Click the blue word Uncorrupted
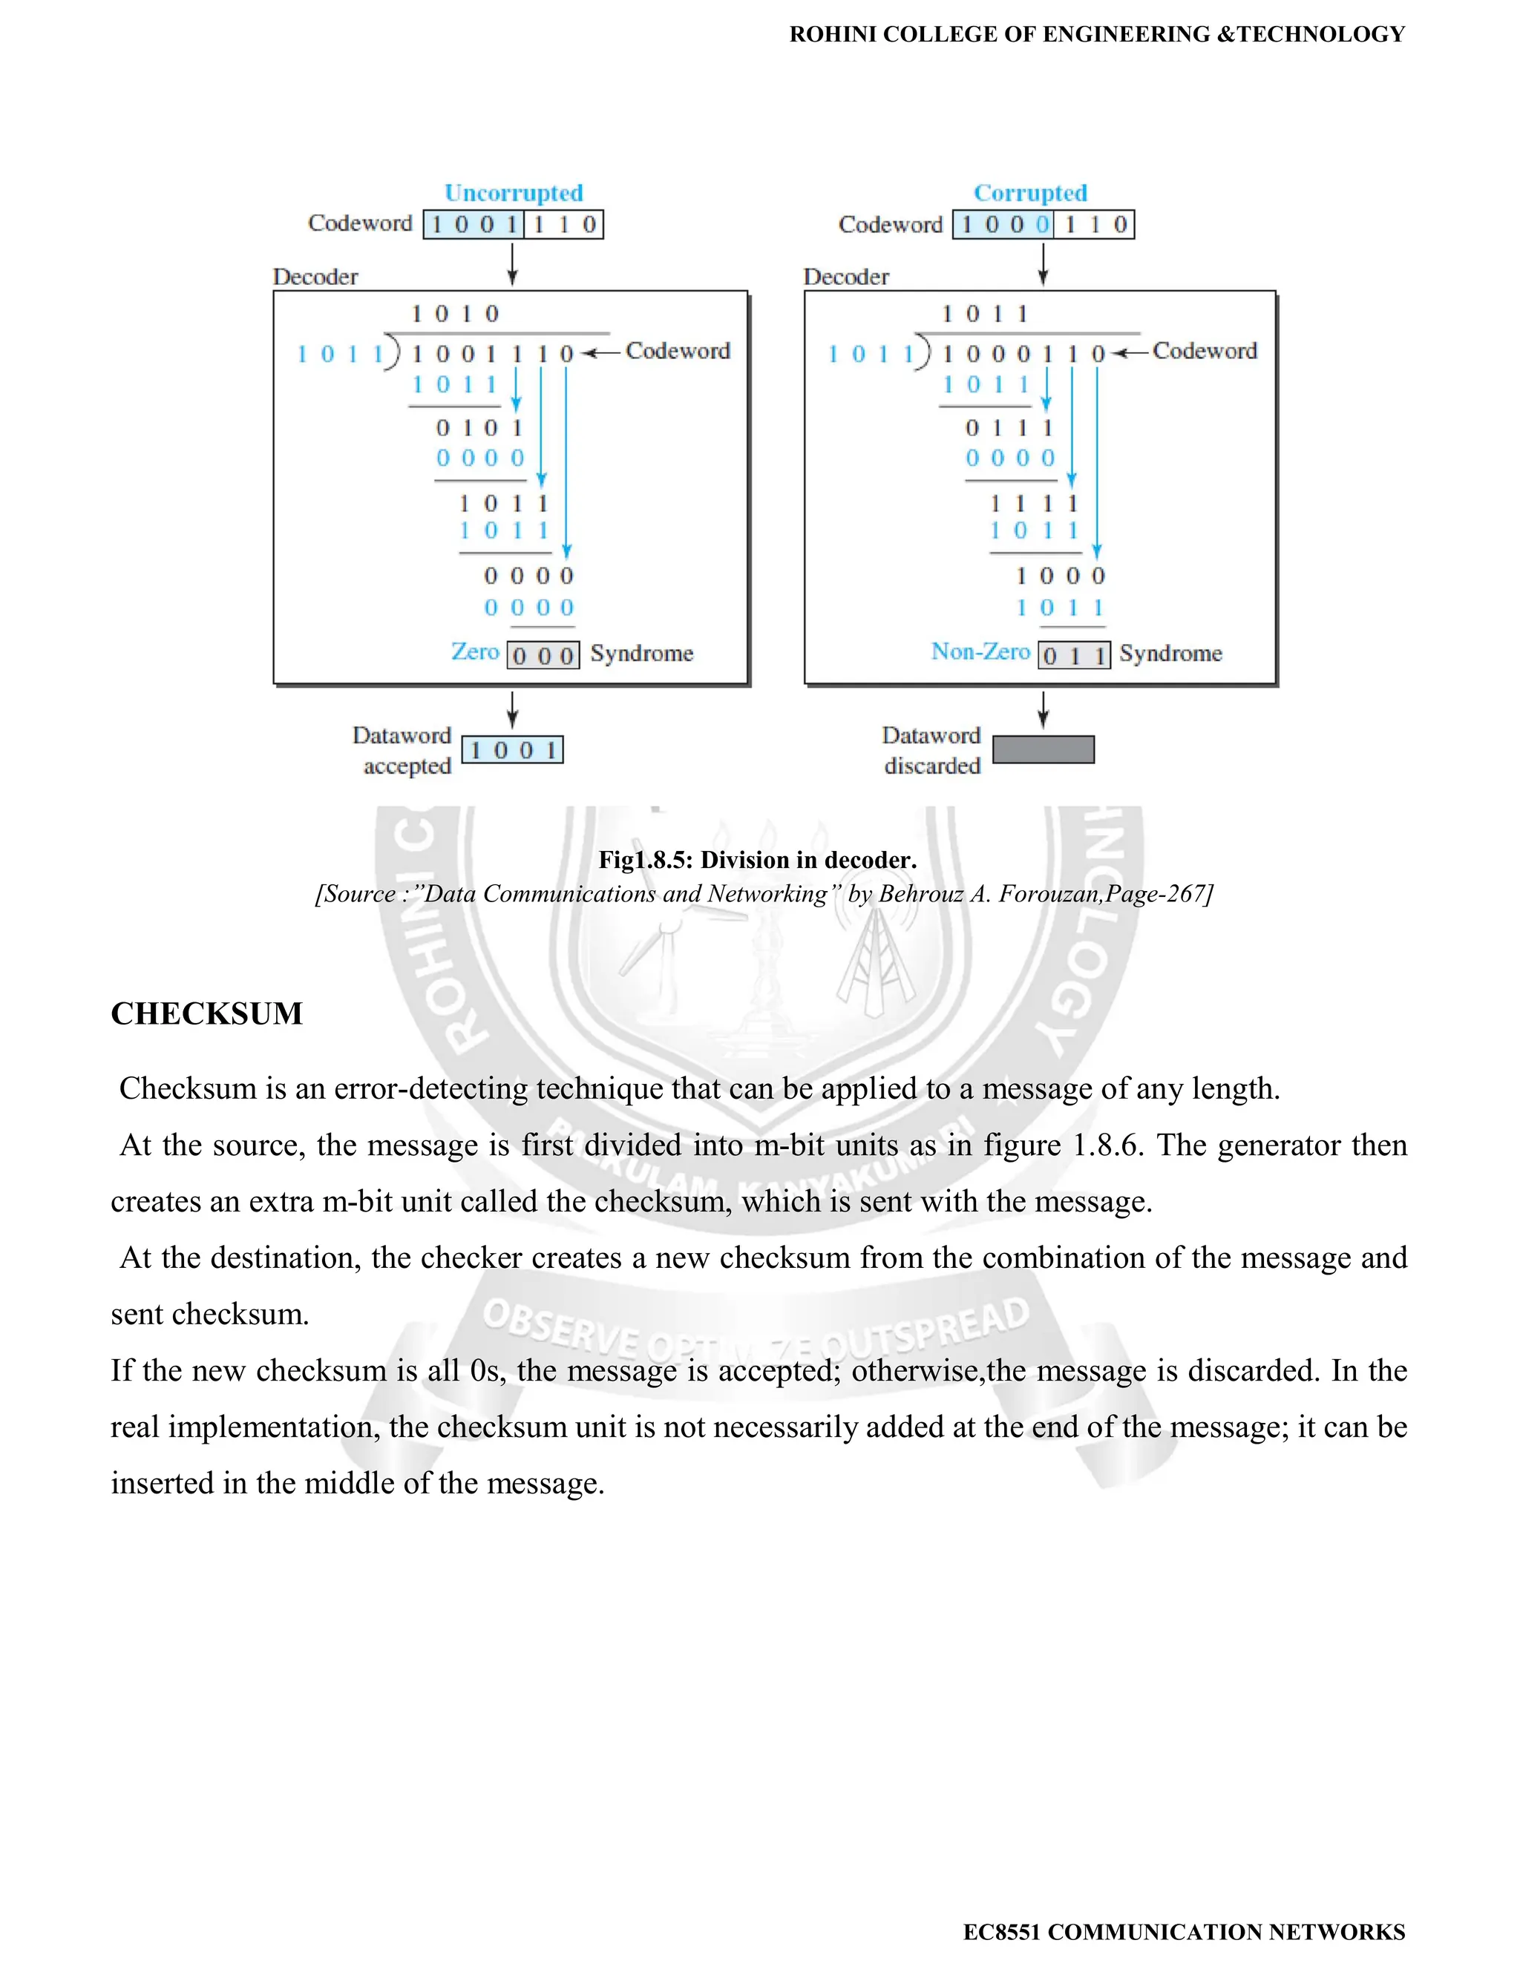[514, 193]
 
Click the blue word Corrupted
[1030, 193]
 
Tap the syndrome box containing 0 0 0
[543, 654]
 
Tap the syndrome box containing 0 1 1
[1074, 654]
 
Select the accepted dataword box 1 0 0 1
[512, 750]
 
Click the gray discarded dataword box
[1043, 750]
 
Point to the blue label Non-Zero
[980, 651]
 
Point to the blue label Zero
[474, 651]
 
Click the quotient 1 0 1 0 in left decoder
[455, 313]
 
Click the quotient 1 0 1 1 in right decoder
[984, 313]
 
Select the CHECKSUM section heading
[207, 1013]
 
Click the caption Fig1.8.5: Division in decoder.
[757, 860]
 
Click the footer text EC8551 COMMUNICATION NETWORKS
[1183, 1932]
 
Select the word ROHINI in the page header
[832, 34]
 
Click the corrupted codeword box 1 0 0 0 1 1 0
[1044, 224]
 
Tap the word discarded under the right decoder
[932, 766]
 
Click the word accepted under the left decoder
[407, 766]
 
